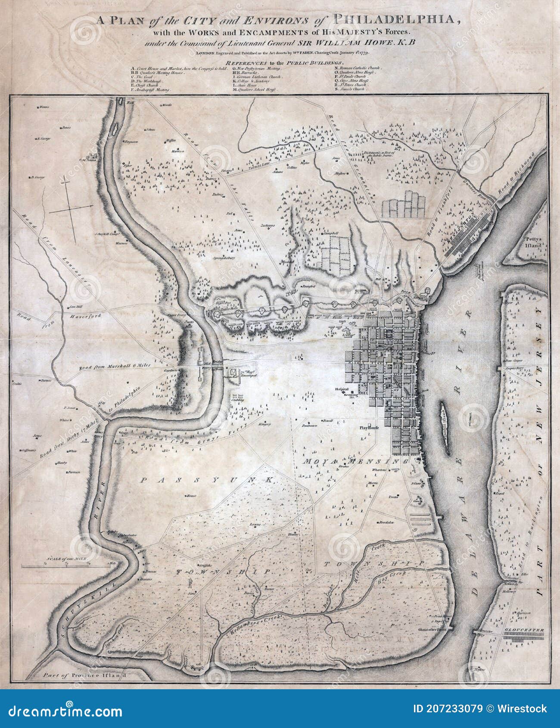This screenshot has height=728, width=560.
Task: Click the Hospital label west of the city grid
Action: click(341, 389)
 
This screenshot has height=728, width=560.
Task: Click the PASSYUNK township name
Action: click(207, 479)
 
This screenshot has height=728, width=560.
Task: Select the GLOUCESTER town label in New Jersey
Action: click(523, 630)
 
